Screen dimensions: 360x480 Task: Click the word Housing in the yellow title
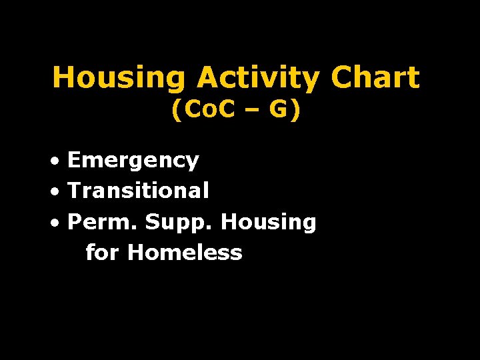pyautogui.click(x=119, y=78)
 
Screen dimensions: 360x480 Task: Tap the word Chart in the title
pyautogui.click(x=375, y=78)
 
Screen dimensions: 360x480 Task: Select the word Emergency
pyautogui.click(x=133, y=161)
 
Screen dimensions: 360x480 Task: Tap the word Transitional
pyautogui.click(x=138, y=191)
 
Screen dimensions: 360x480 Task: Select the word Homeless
pyautogui.click(x=185, y=253)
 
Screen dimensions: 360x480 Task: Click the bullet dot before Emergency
pyautogui.click(x=59, y=161)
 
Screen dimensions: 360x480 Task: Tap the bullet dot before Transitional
pyautogui.click(x=59, y=192)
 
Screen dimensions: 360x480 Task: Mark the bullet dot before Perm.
pyautogui.click(x=59, y=223)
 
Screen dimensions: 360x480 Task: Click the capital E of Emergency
pyautogui.click(x=75, y=160)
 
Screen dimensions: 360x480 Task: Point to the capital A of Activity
pyautogui.click(x=206, y=78)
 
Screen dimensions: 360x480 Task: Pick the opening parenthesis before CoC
pyautogui.click(x=176, y=111)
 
